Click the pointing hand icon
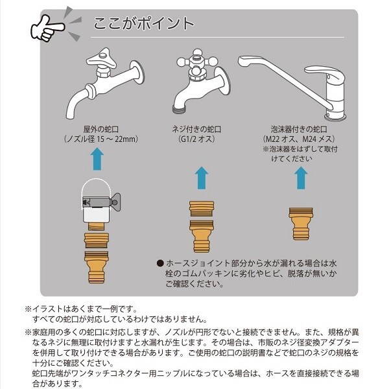(47, 28)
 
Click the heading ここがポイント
(144, 23)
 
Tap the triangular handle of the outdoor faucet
(101, 60)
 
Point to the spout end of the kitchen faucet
(245, 62)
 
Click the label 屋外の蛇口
(100, 129)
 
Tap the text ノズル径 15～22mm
(100, 139)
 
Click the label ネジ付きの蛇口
(196, 129)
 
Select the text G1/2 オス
(196, 139)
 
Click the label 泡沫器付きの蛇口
(299, 129)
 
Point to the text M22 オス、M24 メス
(299, 139)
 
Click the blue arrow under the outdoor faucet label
(97, 159)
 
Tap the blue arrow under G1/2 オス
(202, 178)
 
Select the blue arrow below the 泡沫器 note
(301, 178)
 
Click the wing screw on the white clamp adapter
(115, 203)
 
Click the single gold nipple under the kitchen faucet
(301, 224)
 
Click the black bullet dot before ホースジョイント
(161, 263)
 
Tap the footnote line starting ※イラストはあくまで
(82, 309)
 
